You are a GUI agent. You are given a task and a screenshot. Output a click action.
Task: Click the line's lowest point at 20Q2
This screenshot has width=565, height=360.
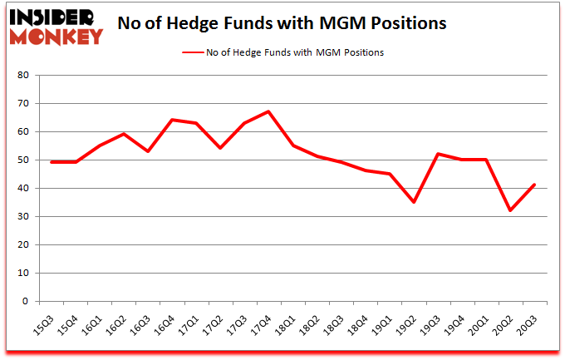tap(511, 210)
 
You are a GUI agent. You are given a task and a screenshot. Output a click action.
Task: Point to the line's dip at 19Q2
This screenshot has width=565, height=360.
tap(414, 202)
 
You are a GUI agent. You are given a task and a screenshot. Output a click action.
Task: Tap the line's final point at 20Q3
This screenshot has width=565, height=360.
tap(535, 185)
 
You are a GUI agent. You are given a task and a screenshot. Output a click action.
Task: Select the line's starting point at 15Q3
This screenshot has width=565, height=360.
tap(52, 162)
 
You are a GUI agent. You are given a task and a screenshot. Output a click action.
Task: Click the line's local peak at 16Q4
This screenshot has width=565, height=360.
tap(172, 120)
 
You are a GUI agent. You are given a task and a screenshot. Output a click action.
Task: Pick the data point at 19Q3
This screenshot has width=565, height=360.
tap(438, 154)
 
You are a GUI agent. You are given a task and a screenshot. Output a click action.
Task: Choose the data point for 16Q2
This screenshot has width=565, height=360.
tap(124, 134)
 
